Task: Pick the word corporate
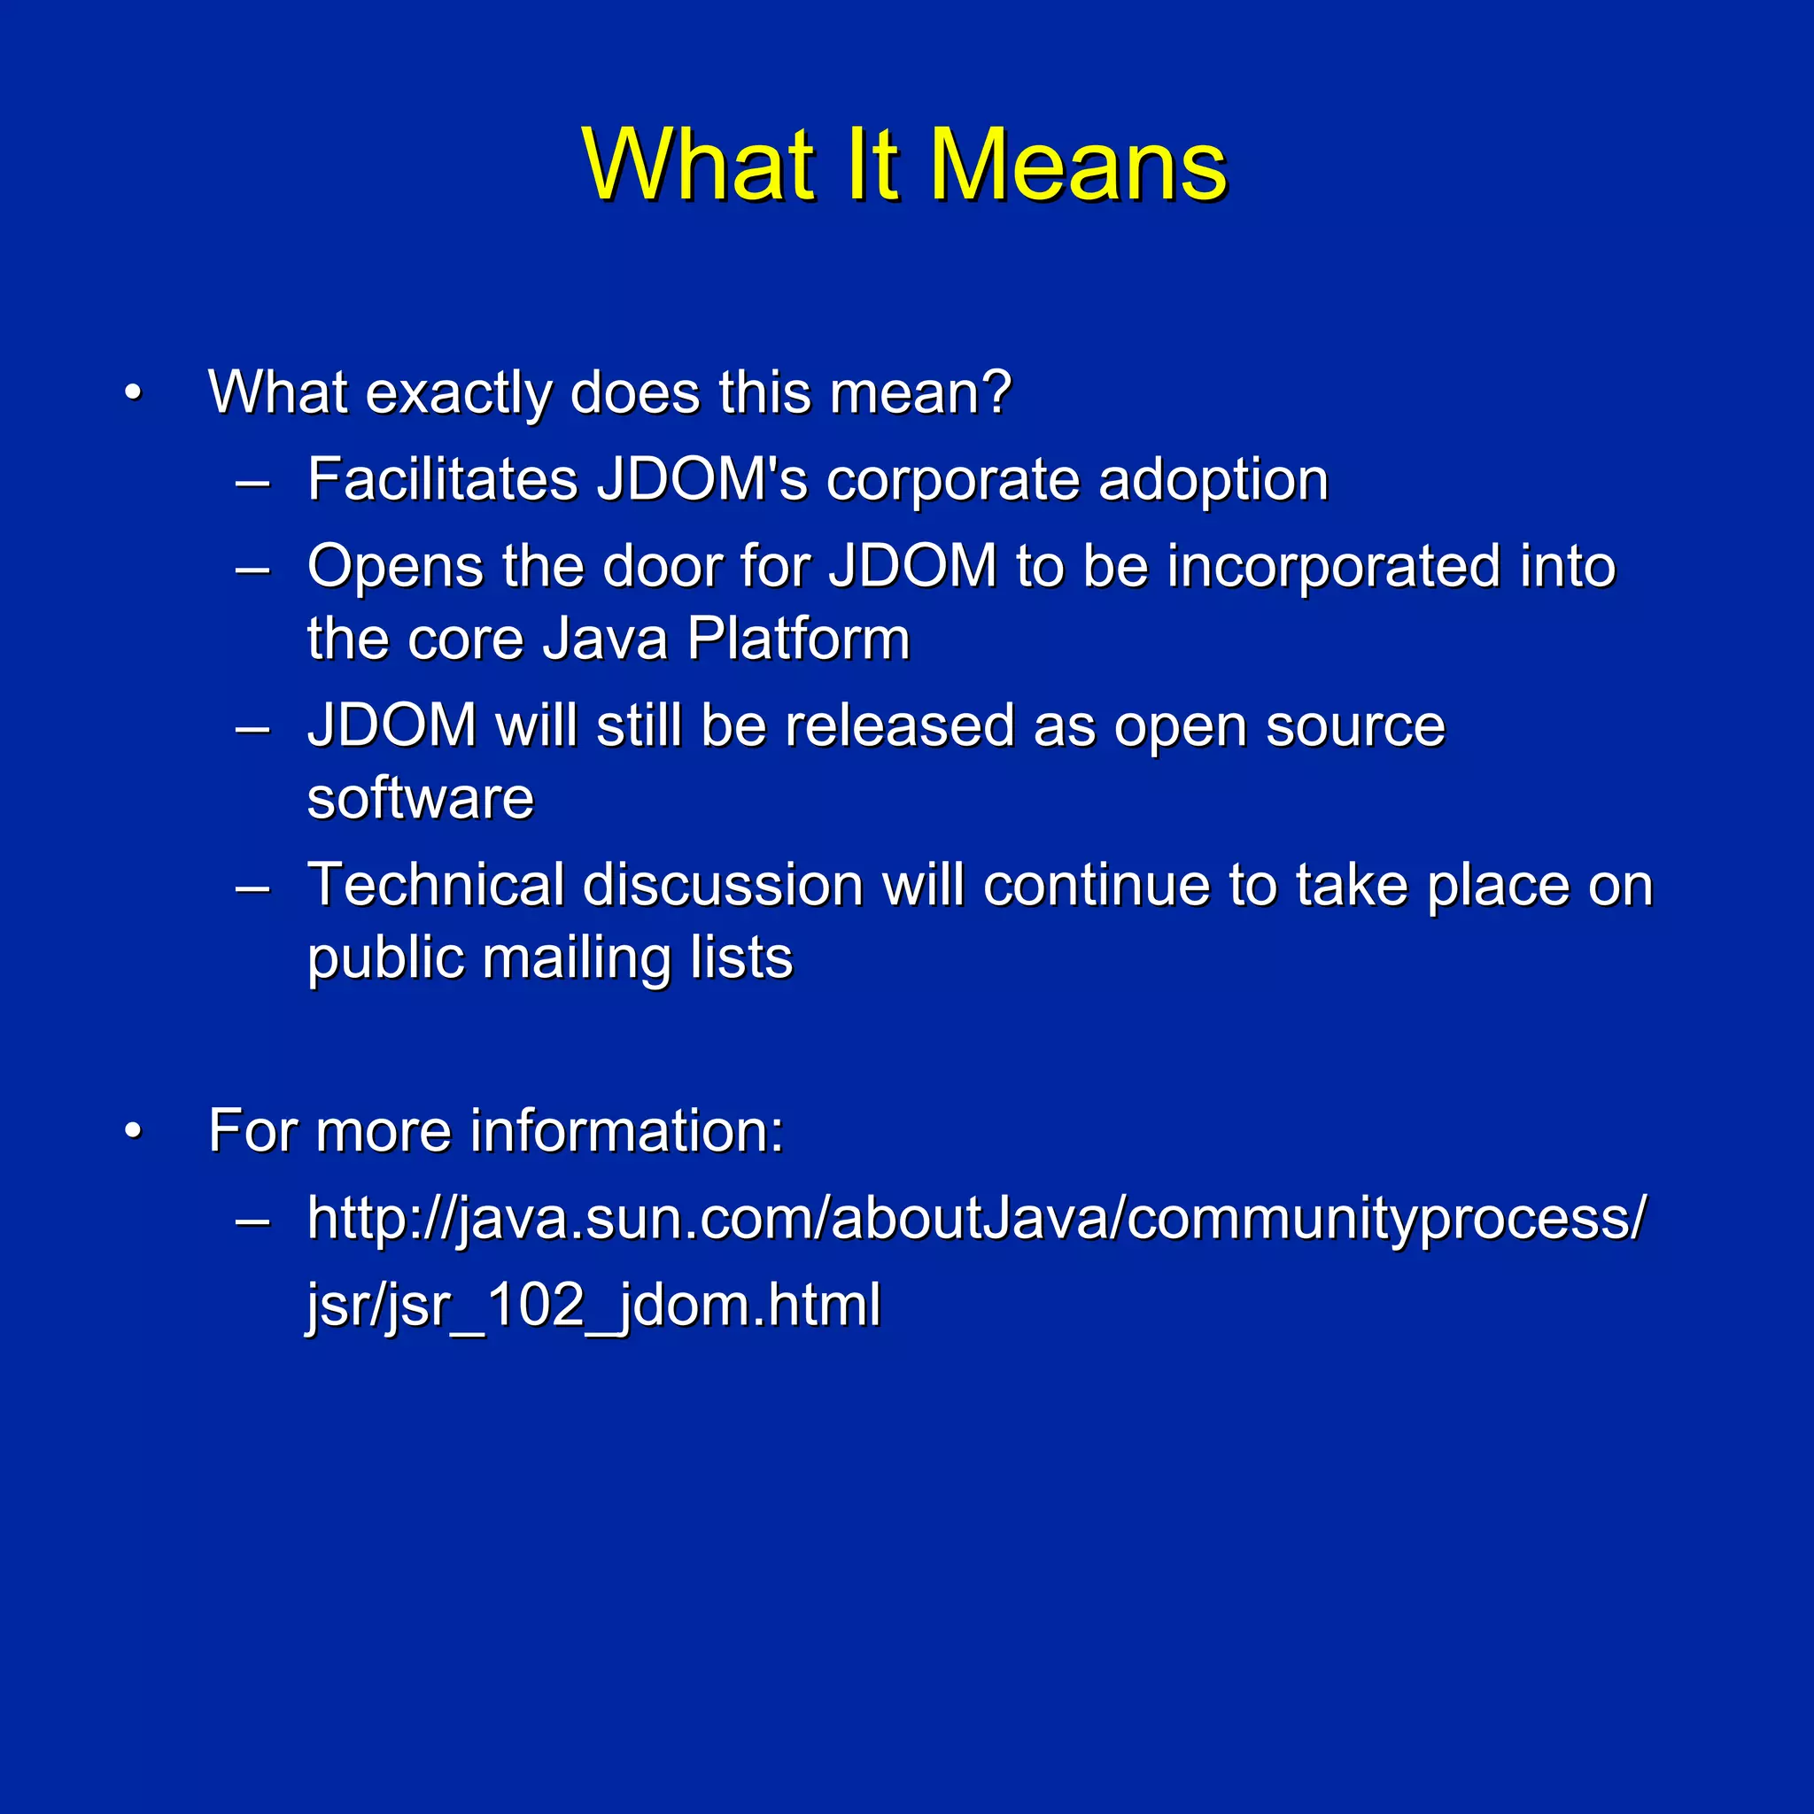[x=951, y=481]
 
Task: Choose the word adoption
[x=1213, y=481]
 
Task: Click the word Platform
[x=798, y=640]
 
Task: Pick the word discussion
[x=722, y=885]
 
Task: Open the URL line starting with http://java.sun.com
[x=976, y=1219]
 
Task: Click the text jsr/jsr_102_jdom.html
[x=593, y=1305]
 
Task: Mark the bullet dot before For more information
[x=134, y=1131]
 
